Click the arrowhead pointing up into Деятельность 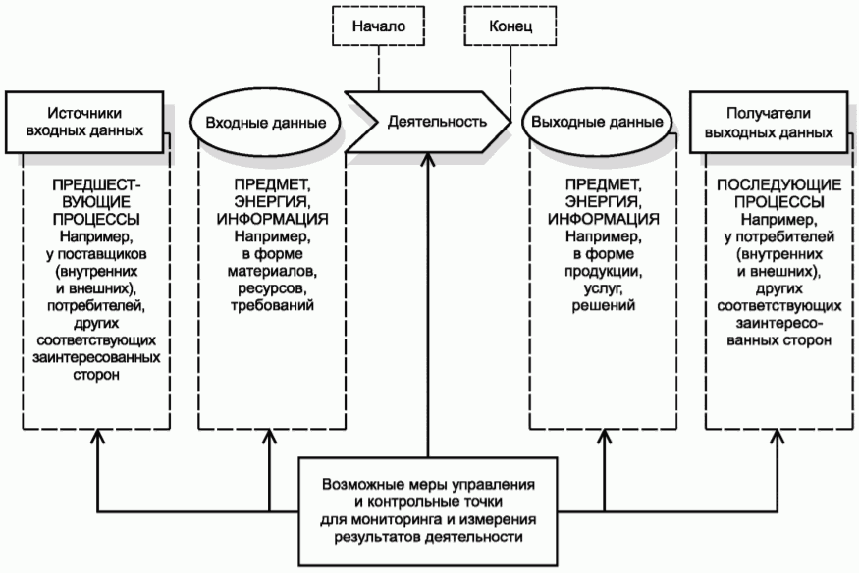coord(428,159)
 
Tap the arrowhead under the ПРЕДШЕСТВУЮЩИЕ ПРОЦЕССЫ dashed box coord(98,437)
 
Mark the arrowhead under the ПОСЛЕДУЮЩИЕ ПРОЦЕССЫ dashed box coord(778,437)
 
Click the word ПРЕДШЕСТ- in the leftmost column coord(96,184)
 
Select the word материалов coord(272,271)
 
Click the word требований coord(272,305)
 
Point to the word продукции coord(603,272)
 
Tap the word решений coord(603,305)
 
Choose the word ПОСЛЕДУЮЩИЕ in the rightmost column coord(779,184)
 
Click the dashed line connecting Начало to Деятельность coord(379,69)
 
